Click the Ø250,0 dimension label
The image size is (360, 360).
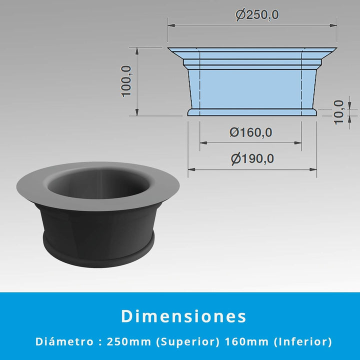[x=257, y=15]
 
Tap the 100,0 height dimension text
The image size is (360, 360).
[x=126, y=81]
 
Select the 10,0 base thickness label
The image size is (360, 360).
[x=338, y=112]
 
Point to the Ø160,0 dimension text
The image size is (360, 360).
[x=250, y=132]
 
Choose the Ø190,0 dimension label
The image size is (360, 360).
[x=252, y=158]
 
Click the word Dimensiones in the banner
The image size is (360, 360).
[x=183, y=316]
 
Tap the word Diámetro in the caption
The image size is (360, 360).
[x=64, y=341]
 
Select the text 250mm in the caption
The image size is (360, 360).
[x=129, y=341]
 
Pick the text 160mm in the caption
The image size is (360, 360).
[x=247, y=341]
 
